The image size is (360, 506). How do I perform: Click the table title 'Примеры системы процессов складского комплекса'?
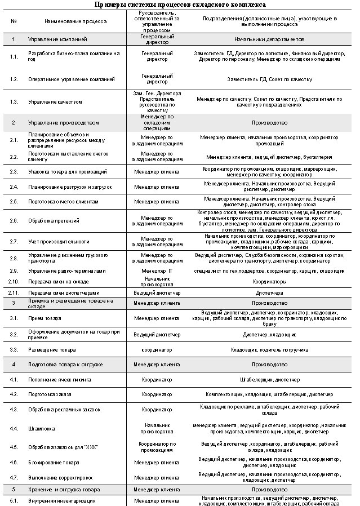[x=180, y=4]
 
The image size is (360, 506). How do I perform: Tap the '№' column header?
[x=13, y=21]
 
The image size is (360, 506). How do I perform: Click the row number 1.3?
[x=14, y=102]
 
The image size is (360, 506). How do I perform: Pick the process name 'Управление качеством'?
[x=55, y=102]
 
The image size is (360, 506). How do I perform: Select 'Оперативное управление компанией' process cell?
[x=71, y=79]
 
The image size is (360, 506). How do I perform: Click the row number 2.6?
[x=14, y=220]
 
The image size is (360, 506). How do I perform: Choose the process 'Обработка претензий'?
[x=54, y=220]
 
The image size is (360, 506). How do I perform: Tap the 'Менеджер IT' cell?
[x=157, y=271]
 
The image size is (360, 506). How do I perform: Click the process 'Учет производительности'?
[x=59, y=241]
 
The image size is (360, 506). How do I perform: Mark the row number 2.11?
[x=14, y=293]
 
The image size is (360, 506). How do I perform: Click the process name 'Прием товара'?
[x=45, y=318]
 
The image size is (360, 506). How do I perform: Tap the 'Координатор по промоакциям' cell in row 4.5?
[x=157, y=447]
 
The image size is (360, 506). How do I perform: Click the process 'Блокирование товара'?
[x=54, y=463]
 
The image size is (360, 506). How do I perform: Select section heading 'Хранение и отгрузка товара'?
[x=64, y=490]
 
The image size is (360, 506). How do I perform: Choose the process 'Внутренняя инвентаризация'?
[x=61, y=500]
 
